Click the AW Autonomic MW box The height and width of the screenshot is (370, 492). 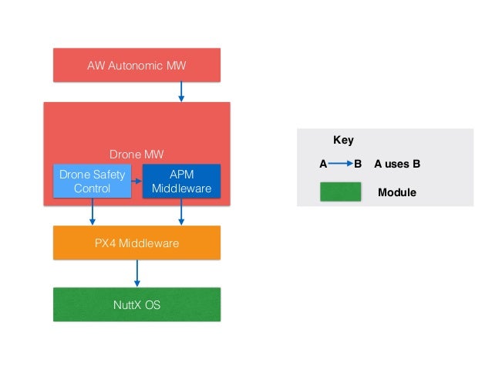tap(136, 65)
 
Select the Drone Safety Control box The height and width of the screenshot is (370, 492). tap(92, 182)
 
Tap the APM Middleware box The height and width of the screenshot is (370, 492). tap(181, 182)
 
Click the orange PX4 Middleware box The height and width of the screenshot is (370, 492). tap(136, 243)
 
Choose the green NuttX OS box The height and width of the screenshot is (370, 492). tap(136, 304)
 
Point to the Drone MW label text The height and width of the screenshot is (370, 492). tap(136, 154)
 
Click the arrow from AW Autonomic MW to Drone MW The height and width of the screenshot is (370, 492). tap(181, 92)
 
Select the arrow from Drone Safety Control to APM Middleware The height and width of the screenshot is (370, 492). tap(136, 181)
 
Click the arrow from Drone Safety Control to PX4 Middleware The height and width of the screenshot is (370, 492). tap(93, 212)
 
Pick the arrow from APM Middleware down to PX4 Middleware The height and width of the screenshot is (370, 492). tap(181, 212)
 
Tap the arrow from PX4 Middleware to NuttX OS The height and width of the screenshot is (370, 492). tap(137, 273)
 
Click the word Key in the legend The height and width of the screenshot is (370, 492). tap(343, 141)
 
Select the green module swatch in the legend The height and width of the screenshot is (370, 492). tap(341, 192)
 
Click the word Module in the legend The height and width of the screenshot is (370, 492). tap(396, 192)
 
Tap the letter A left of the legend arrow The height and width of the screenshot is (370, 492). tap(323, 165)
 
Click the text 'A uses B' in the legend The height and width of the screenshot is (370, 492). tap(396, 165)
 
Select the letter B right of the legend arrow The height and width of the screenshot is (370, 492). tap(358, 165)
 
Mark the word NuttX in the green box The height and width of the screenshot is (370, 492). tap(126, 304)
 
